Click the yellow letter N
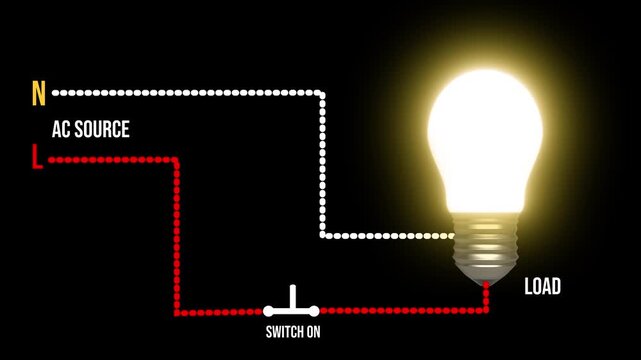pos(39,94)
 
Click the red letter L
pos(37,158)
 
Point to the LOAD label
pos(543,288)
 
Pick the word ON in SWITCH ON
pos(313,332)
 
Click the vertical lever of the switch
pos(294,298)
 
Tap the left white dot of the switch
pos(269,311)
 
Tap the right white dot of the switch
pos(318,311)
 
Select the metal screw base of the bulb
pos(484,246)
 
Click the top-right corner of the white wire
pos(322,93)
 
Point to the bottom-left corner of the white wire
pos(322,236)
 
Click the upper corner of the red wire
pos(177,158)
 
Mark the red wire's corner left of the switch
pos(177,312)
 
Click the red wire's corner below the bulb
pos(487,311)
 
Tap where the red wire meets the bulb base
pos(487,284)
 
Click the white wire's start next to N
pos(56,93)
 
